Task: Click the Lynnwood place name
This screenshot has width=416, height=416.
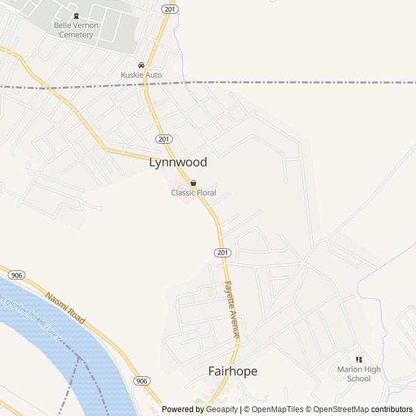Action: pyautogui.click(x=178, y=162)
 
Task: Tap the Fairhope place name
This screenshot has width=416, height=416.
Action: pyautogui.click(x=233, y=371)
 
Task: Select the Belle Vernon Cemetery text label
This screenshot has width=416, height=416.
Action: pyautogui.click(x=76, y=30)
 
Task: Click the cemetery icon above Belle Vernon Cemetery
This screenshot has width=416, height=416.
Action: pyautogui.click(x=76, y=16)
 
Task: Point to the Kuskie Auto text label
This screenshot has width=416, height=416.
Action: pyautogui.click(x=141, y=75)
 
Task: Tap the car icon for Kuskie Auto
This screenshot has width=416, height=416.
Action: pyautogui.click(x=141, y=65)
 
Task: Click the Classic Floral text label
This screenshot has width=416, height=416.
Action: pyautogui.click(x=193, y=193)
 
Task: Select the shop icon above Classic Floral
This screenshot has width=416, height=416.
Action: pyautogui.click(x=193, y=183)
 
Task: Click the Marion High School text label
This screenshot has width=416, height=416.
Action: pyautogui.click(x=359, y=374)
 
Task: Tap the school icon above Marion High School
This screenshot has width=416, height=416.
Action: pyautogui.click(x=359, y=359)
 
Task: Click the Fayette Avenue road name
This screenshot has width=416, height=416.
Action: pyautogui.click(x=232, y=309)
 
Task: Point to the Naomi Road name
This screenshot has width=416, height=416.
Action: pyautogui.click(x=65, y=308)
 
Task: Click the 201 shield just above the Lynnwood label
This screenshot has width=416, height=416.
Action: pyautogui.click(x=164, y=139)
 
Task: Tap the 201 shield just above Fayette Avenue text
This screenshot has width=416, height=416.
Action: pyautogui.click(x=222, y=252)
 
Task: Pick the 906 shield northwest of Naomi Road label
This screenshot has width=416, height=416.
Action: pyautogui.click(x=17, y=276)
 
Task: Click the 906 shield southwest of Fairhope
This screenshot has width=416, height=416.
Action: pyautogui.click(x=142, y=380)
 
